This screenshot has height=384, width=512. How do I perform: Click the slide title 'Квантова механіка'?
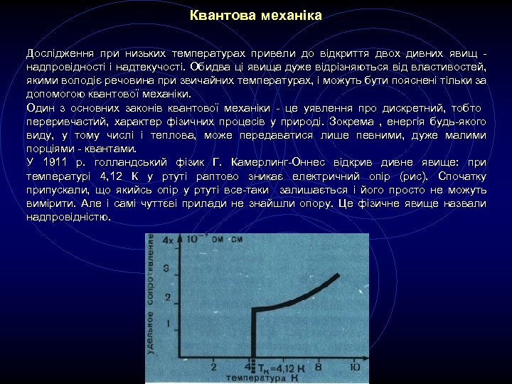point(256,15)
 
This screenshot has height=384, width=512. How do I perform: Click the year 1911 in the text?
point(57,162)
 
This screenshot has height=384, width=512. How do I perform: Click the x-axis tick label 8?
point(319,367)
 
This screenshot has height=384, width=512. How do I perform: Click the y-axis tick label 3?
point(167,269)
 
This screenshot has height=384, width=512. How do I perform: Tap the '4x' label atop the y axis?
point(169,240)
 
